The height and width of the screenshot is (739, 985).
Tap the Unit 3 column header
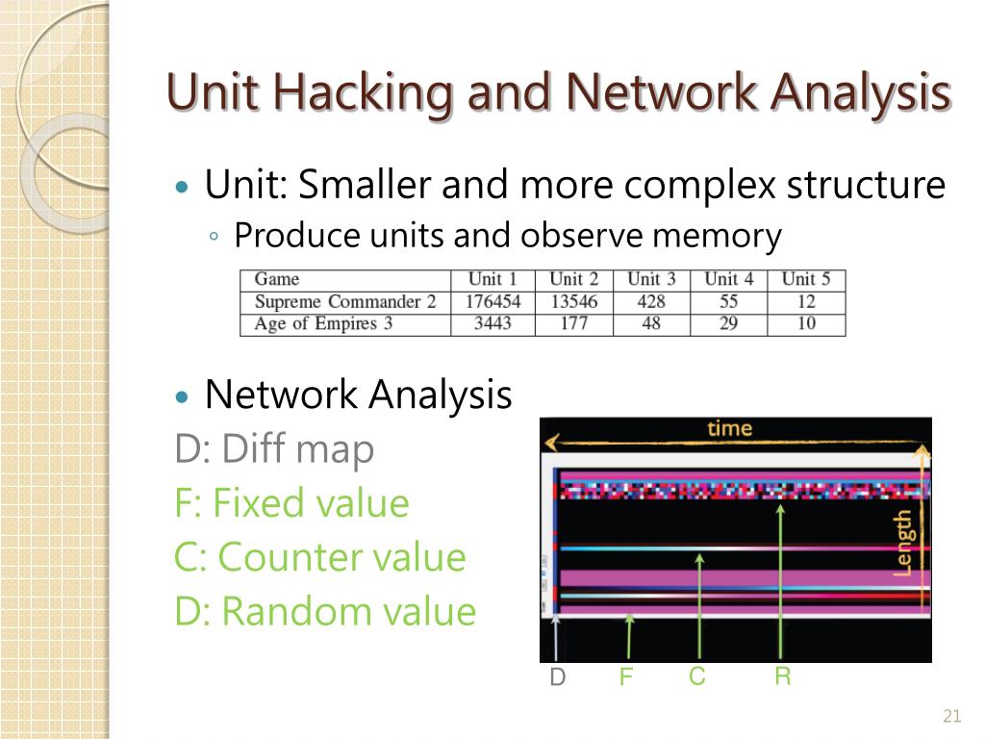tap(651, 279)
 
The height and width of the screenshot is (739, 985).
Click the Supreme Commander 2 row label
tap(344, 301)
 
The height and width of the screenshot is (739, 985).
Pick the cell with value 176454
tap(492, 301)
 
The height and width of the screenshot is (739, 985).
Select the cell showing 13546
tap(573, 301)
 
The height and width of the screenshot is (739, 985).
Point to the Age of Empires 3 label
tap(323, 323)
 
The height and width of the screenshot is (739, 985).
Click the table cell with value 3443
tap(492, 323)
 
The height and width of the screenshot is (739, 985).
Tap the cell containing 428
tap(651, 301)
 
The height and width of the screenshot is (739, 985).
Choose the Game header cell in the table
tap(277, 279)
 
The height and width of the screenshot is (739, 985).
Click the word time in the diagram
tap(729, 428)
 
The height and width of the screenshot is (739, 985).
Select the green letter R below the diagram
tap(783, 677)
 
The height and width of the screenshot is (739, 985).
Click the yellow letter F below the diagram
tap(626, 678)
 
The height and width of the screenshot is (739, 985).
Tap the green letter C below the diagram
tap(697, 677)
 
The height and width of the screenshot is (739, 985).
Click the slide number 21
tap(952, 716)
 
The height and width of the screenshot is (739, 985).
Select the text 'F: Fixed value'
tap(291, 503)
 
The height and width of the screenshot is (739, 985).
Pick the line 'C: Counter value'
tap(319, 557)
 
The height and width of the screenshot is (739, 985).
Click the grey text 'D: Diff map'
tap(274, 449)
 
